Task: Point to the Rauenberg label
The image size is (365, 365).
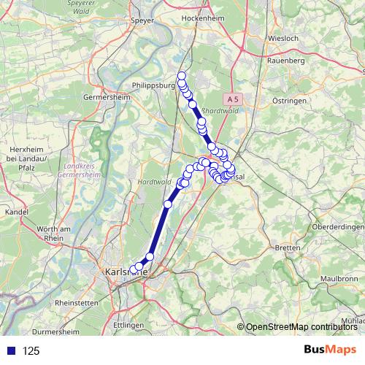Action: coord(285,61)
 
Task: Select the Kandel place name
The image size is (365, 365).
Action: coord(16,212)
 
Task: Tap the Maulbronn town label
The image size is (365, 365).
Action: coord(339,279)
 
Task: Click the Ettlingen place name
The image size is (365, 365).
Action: coord(129,323)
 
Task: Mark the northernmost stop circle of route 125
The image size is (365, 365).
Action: coord(182,76)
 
